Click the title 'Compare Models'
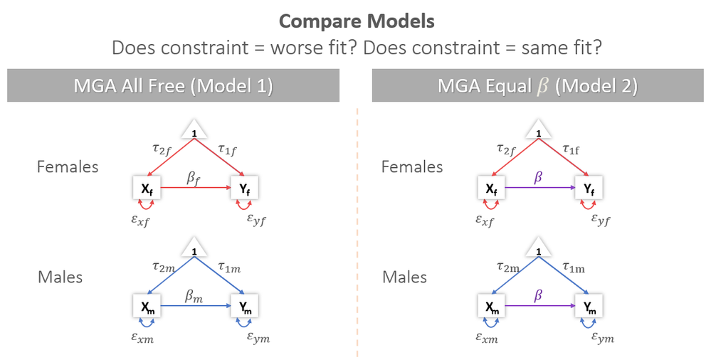(x=356, y=21)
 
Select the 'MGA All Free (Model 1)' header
(x=174, y=86)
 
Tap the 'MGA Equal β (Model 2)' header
(x=537, y=86)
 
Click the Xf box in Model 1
(x=146, y=189)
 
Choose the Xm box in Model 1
(x=146, y=306)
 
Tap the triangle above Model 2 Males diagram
(x=539, y=250)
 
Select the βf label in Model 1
(x=194, y=178)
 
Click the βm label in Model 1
(x=194, y=296)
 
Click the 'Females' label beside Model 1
(x=68, y=166)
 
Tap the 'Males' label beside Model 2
(x=405, y=276)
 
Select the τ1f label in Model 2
(x=574, y=149)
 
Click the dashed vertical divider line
(x=357, y=228)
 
